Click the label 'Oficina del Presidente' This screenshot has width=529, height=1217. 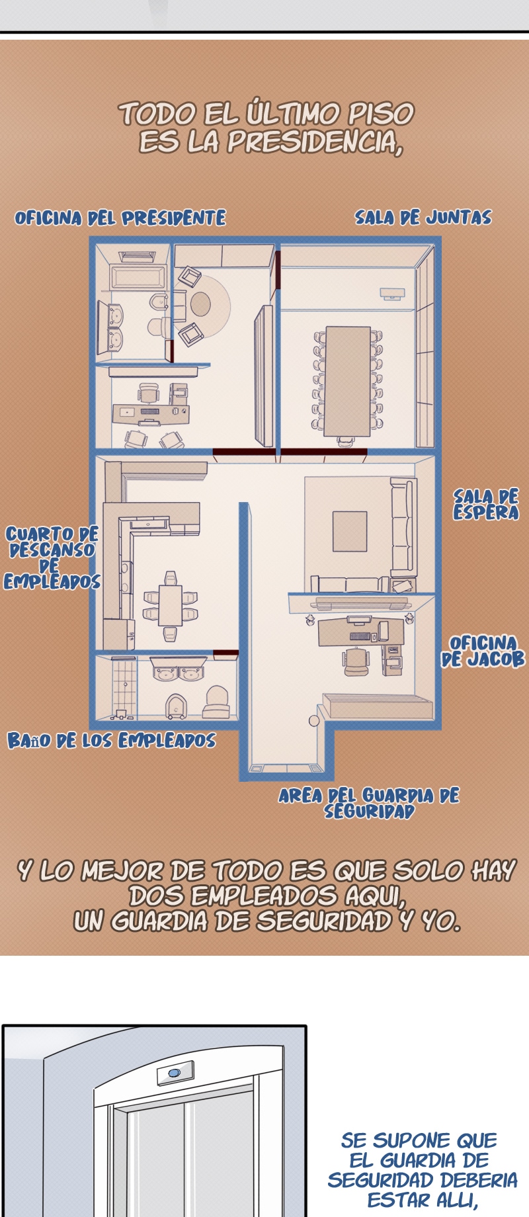[x=120, y=218]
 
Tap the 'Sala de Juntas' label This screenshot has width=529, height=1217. [x=423, y=218]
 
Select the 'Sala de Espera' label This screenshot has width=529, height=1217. [x=486, y=505]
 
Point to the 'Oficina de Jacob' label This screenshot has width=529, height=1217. [x=483, y=651]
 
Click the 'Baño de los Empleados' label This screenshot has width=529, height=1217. [x=112, y=740]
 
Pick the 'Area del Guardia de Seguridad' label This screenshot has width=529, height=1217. [x=369, y=803]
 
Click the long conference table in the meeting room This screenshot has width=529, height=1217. [x=347, y=381]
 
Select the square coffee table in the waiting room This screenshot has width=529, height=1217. [x=350, y=531]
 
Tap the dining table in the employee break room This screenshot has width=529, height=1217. [x=170, y=605]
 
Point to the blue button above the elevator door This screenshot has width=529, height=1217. [x=175, y=1072]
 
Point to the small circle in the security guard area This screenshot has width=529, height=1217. [x=314, y=720]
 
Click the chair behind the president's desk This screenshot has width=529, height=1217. [x=149, y=394]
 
